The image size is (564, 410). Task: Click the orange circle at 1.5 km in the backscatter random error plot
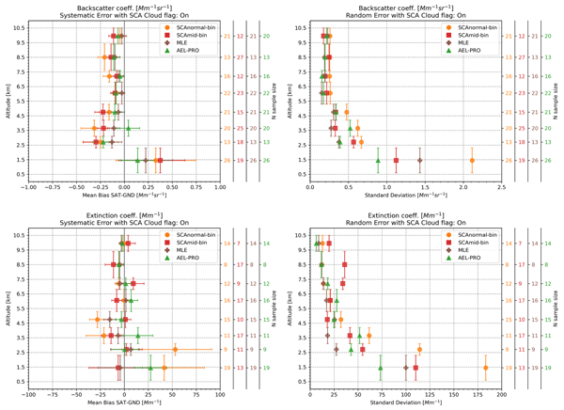coord(472,161)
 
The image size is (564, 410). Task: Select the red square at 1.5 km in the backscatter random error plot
coord(396,161)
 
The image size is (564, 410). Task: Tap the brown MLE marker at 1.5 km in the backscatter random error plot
coord(419,161)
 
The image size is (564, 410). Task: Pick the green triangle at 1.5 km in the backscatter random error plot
coord(378,161)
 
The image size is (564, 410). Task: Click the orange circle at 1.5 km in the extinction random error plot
coord(486,368)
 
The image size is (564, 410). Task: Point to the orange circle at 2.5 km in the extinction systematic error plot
coord(175,350)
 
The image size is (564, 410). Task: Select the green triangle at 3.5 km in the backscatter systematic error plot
coord(129,128)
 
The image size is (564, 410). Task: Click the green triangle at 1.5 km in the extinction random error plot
coord(381,368)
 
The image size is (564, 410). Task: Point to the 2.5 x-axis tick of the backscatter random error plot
coord(502,186)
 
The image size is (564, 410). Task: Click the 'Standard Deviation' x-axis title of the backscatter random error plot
coord(405,195)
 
